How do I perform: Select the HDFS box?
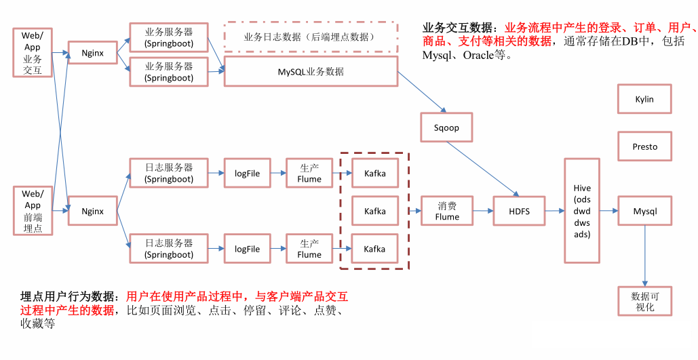(x=519, y=212)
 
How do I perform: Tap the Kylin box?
(x=644, y=99)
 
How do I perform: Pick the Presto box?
(x=644, y=146)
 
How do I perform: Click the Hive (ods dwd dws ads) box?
(x=582, y=211)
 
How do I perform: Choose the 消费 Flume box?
(x=447, y=212)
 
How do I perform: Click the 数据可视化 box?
(x=644, y=301)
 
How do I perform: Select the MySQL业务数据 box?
(x=310, y=71)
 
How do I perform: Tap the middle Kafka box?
(x=374, y=212)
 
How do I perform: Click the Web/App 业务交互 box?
(x=33, y=52)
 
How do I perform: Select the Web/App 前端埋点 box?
(x=33, y=211)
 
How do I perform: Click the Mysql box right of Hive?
(x=644, y=212)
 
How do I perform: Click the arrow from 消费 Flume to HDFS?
(x=483, y=212)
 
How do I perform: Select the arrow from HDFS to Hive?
(x=554, y=212)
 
